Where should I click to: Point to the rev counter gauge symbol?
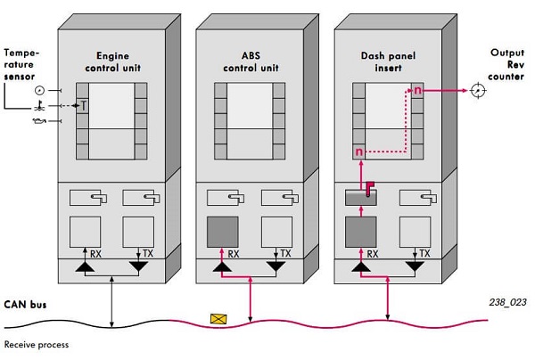tap(478, 91)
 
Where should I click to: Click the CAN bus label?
tap(24, 305)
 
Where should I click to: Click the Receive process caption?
tap(37, 344)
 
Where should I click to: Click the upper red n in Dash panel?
tap(416, 90)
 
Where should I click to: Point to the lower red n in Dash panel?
tap(359, 152)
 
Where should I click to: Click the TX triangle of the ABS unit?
tap(276, 266)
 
